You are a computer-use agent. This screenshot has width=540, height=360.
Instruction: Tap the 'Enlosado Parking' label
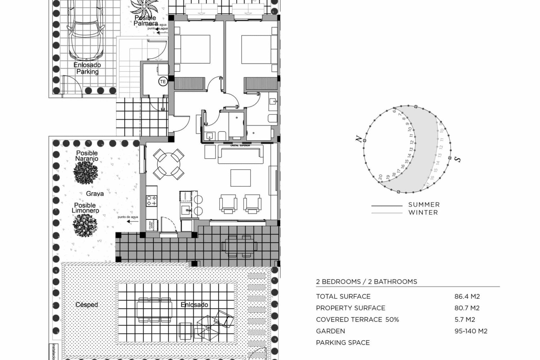tap(87, 68)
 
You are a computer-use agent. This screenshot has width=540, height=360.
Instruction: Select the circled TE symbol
tap(163, 82)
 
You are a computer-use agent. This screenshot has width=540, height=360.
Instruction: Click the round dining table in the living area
tap(168, 164)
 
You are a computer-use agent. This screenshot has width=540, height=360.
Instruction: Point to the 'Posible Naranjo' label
tap(87, 156)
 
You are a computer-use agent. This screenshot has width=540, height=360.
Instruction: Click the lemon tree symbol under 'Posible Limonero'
tap(85, 225)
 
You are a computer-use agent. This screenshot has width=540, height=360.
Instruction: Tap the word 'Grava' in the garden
tap(95, 193)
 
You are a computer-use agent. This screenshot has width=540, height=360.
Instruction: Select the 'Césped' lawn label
tap(87, 305)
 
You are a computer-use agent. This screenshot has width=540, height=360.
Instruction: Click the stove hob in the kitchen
tap(151, 201)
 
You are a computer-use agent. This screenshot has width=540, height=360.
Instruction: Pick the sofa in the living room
tap(240, 154)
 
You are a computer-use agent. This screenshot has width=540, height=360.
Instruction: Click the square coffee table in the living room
tap(240, 178)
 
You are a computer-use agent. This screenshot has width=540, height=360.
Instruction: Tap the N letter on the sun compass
tap(359, 139)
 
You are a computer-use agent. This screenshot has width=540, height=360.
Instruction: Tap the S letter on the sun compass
tap(458, 159)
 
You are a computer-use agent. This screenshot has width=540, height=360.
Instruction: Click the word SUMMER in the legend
tap(424, 205)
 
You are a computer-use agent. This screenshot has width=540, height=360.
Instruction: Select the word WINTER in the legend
tap(423, 213)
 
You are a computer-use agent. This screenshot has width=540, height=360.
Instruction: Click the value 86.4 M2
tap(467, 296)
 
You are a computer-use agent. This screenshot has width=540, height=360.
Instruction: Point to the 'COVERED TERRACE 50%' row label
tap(357, 319)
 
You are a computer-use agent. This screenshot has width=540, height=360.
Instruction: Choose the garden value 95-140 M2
tap(471, 331)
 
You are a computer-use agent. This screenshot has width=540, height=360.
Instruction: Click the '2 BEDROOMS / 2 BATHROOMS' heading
tap(366, 282)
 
